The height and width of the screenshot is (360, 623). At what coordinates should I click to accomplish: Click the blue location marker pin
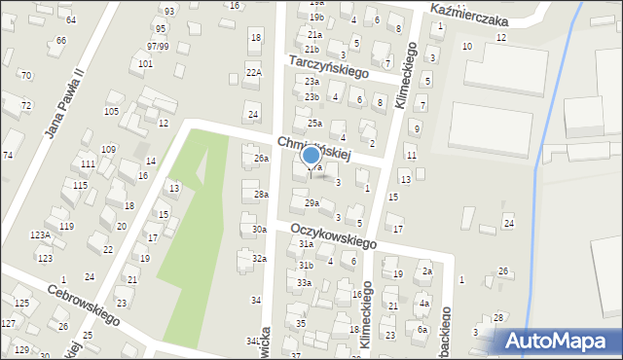click(311, 157)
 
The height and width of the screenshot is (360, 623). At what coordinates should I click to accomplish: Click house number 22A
click(254, 72)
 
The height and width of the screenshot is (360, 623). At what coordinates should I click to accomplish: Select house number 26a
click(261, 158)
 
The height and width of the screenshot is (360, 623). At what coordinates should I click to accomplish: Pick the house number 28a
click(261, 195)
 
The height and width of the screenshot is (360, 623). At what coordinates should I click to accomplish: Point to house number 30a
click(259, 230)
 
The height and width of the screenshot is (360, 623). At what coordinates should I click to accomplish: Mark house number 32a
click(259, 259)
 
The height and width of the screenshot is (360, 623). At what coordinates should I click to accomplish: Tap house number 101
click(145, 64)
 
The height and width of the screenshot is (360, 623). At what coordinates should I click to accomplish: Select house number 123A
click(40, 235)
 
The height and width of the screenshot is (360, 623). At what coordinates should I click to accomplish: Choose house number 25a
click(314, 124)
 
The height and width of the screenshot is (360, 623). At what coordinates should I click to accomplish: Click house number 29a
click(311, 203)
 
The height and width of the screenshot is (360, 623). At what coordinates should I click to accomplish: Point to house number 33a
click(305, 283)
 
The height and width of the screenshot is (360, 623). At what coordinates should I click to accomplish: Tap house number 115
click(80, 185)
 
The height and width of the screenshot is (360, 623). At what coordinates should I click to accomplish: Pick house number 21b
click(311, 49)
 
